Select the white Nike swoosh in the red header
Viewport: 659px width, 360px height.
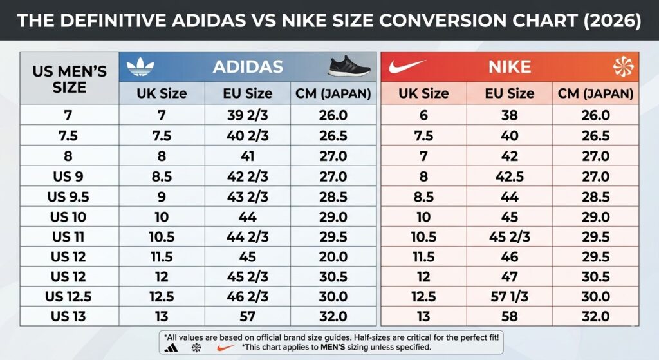pos(404,66)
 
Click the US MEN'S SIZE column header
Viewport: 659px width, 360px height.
pos(70,79)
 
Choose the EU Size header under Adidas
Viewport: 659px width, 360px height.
pos(248,93)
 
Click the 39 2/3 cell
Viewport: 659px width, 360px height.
pos(248,116)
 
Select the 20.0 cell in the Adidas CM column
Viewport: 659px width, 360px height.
pos(333,257)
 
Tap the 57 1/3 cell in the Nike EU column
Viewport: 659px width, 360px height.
pos(510,297)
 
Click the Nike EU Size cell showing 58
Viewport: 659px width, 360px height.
pos(510,317)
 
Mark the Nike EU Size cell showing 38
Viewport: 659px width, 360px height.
pos(510,116)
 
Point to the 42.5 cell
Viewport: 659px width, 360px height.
pos(510,176)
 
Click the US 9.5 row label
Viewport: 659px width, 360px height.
pos(70,196)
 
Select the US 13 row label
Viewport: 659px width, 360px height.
pos(70,317)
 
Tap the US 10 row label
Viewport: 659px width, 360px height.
pos(70,216)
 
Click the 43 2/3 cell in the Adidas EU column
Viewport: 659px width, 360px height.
pos(248,196)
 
